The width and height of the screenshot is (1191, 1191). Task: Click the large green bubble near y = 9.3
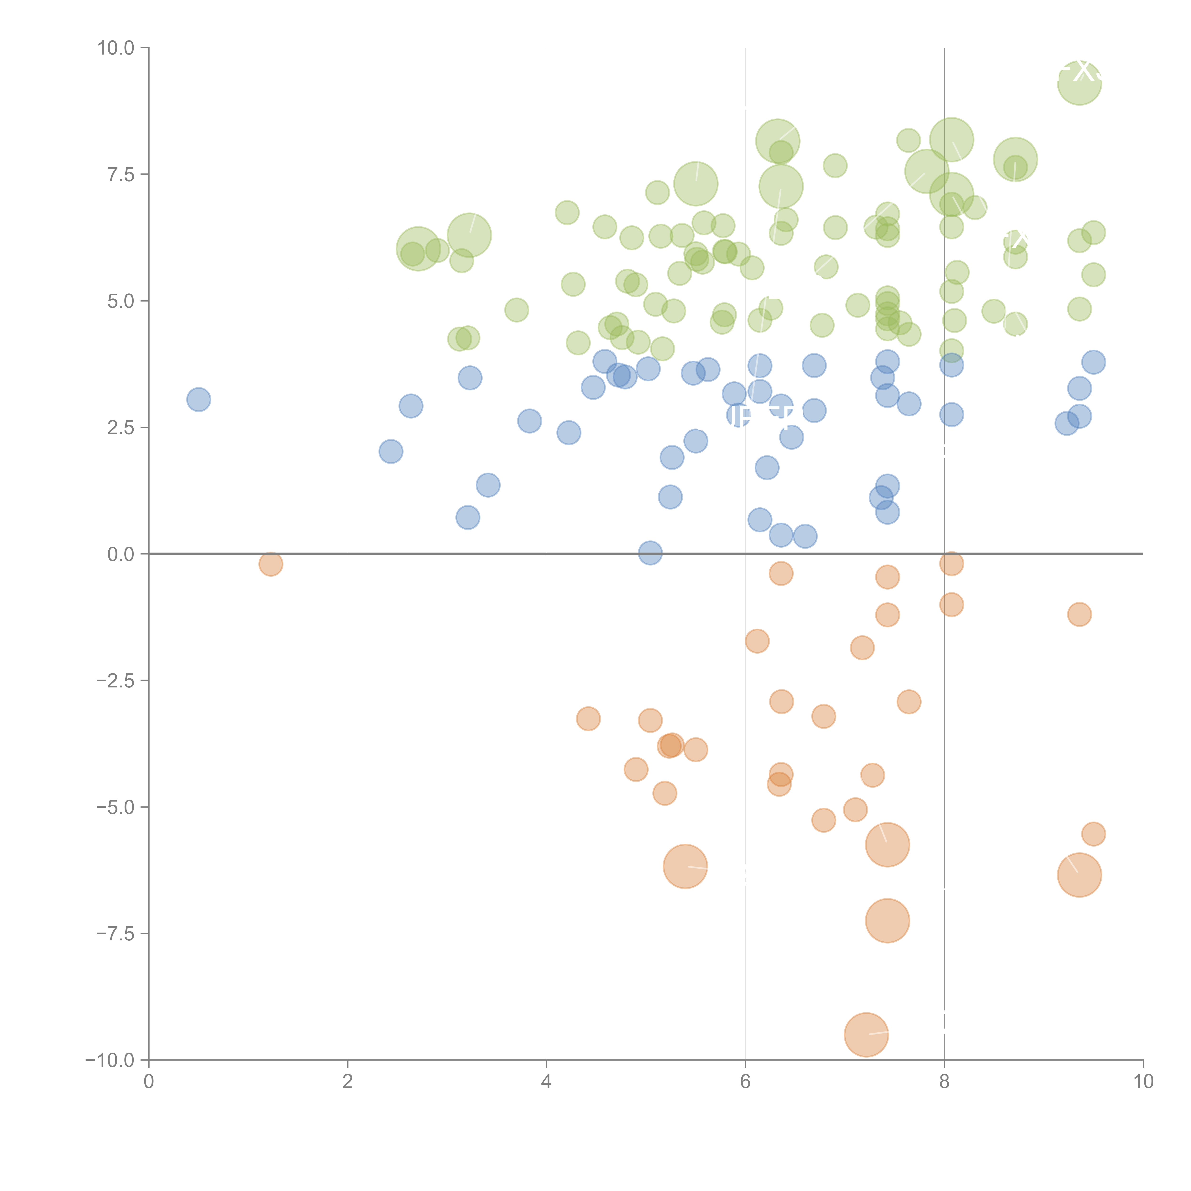1079,83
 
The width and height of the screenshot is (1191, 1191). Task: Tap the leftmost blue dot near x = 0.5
198,399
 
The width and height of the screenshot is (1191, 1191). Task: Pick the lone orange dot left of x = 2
271,563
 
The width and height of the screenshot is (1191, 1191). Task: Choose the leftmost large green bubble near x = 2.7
418,248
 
